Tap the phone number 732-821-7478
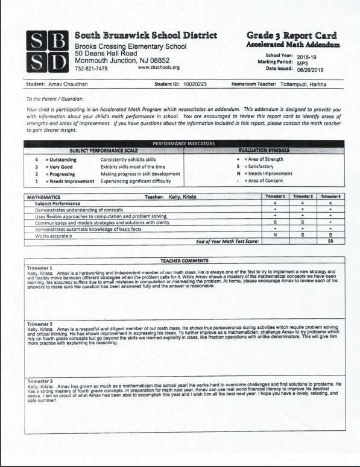tap(92, 69)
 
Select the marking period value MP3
tap(303, 62)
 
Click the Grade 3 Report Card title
tap(292, 36)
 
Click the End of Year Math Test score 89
tap(329, 241)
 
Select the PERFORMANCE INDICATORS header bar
tap(184, 143)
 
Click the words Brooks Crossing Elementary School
tap(130, 46)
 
